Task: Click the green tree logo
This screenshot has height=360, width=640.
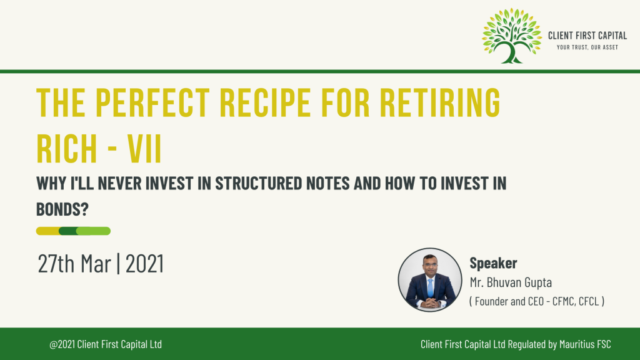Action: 512,36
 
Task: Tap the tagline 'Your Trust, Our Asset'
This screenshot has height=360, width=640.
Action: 587,47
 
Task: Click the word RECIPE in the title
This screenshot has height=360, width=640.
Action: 265,102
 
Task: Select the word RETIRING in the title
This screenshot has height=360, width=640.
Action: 440,102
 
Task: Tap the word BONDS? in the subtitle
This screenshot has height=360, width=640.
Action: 62,209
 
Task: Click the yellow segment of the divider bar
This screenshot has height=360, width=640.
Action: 47,231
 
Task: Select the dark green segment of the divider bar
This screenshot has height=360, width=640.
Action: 67,231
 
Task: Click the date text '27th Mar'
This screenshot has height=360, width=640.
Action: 74,263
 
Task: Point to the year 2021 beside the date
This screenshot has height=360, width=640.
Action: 144,263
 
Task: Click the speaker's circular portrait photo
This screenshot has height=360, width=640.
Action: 430,280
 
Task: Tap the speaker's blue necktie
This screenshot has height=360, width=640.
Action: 430,287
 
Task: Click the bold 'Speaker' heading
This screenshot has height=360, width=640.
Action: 493,263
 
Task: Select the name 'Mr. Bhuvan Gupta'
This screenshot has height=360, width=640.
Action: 511,282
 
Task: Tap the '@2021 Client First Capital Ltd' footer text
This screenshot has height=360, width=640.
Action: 106,344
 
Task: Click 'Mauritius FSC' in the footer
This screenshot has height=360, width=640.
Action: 585,344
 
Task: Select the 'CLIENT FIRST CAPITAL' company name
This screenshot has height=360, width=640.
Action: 587,36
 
